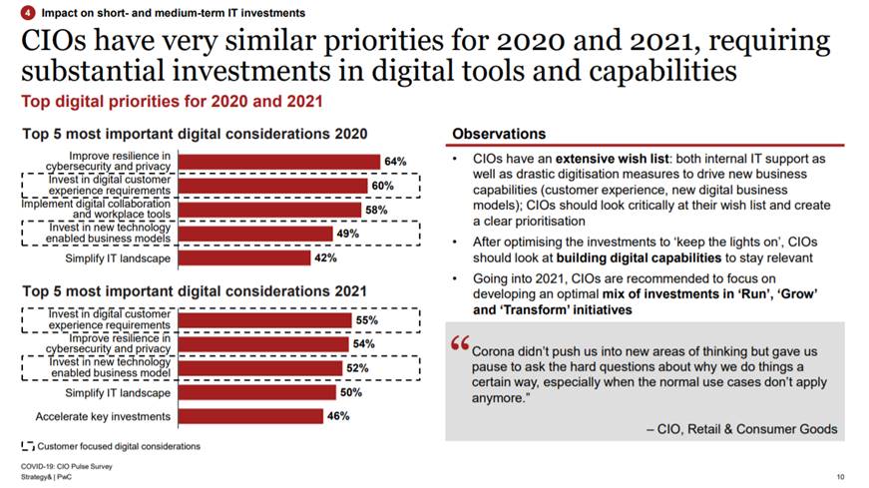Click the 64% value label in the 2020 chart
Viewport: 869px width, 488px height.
[x=395, y=162]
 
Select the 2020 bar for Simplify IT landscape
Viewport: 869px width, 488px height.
[x=243, y=258]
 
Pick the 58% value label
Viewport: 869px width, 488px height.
[x=376, y=211]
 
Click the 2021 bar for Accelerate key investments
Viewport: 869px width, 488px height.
[x=249, y=416]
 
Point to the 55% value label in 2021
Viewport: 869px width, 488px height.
[x=366, y=320]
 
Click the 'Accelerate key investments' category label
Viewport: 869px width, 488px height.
[x=103, y=416]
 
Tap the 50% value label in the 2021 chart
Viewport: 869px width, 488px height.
[x=350, y=392]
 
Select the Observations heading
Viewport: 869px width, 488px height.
[x=499, y=134]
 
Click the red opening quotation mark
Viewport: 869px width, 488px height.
[x=460, y=343]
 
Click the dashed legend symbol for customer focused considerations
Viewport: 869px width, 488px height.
[x=26, y=445]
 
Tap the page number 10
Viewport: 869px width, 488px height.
[x=840, y=477]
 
